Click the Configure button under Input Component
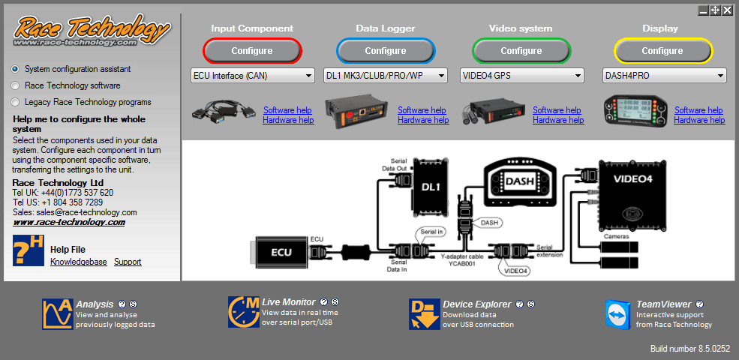[252, 51]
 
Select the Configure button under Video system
[521, 51]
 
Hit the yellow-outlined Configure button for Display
[662, 51]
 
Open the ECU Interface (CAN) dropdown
[253, 76]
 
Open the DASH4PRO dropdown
[665, 76]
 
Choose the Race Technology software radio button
[15, 85]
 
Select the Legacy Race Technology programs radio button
[15, 102]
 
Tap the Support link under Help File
[128, 262]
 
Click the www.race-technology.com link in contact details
[69, 222]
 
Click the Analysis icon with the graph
[57, 313]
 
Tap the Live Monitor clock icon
[243, 312]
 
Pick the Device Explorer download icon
[424, 313]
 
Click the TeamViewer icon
[617, 313]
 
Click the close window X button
[727, 10]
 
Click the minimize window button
[703, 10]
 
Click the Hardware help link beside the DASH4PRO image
[699, 120]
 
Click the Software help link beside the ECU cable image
[288, 110]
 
